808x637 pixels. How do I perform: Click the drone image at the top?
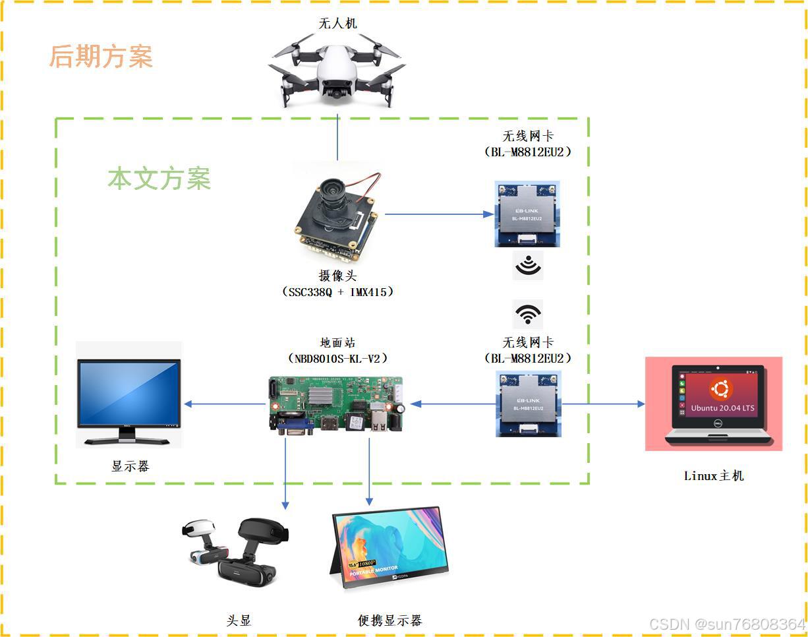coord(337,72)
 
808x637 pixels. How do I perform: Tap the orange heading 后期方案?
coord(101,57)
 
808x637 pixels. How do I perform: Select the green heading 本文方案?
coord(159,179)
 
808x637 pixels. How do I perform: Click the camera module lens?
coord(333,193)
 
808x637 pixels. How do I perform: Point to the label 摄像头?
coord(337,276)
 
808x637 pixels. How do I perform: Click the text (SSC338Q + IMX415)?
coord(337,291)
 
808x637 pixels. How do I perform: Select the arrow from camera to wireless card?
coord(438,214)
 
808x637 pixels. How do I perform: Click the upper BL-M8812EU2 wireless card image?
coord(527,214)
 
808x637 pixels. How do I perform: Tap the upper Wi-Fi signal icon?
coord(528,265)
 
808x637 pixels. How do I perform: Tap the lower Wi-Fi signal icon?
coord(528,315)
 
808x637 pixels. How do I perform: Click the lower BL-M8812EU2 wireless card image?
coord(528,404)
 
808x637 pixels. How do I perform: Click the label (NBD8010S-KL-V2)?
coord(337,358)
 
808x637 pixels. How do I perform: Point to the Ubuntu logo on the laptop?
coord(721,389)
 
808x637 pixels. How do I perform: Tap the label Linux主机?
coord(714,475)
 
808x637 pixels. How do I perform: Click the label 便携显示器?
coord(390,621)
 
